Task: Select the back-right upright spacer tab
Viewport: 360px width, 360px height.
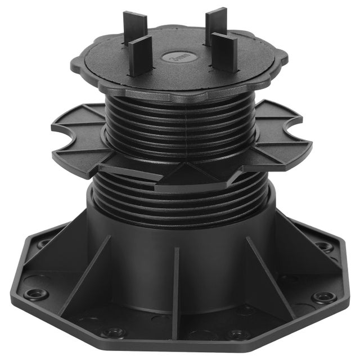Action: click(215, 22)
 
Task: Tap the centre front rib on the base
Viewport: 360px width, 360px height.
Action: click(176, 281)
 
